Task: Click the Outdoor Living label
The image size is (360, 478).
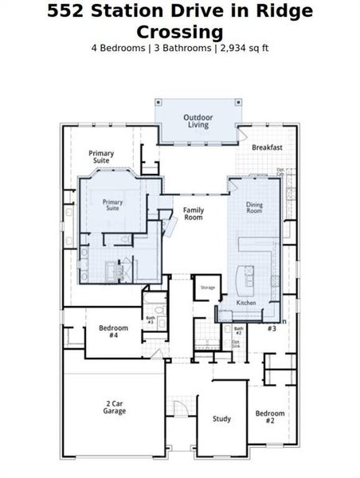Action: click(198, 121)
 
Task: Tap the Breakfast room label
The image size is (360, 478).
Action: click(267, 147)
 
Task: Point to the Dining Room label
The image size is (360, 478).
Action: click(254, 208)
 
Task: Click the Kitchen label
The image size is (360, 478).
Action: click(247, 304)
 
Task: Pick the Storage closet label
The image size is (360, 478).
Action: click(207, 287)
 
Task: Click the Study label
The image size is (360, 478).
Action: click(221, 419)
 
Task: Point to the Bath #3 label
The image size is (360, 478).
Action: click(150, 320)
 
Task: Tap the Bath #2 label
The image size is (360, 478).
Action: click(238, 330)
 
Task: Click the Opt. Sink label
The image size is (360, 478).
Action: click(236, 344)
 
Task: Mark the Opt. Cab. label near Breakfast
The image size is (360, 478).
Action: click(280, 171)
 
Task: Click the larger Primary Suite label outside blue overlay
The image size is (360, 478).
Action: click(101, 157)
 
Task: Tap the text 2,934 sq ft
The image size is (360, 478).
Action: click(244, 48)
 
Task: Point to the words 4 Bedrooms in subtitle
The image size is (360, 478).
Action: click(119, 48)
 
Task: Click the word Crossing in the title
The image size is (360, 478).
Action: click(179, 31)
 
